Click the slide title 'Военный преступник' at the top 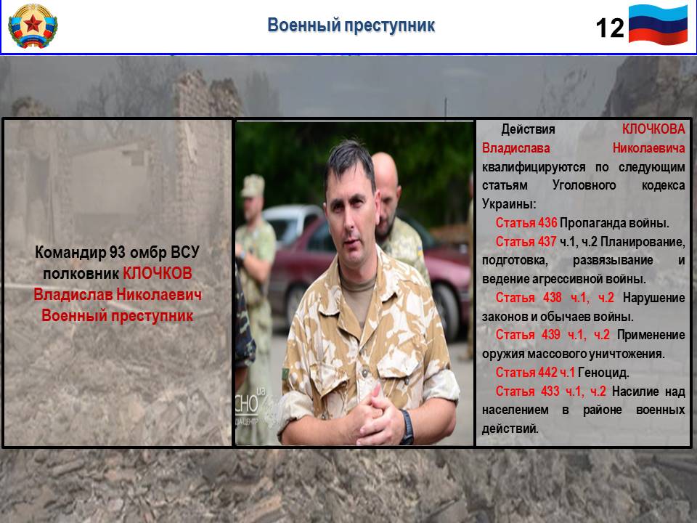click(351, 25)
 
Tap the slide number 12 click(609, 28)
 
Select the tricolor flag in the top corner click(658, 25)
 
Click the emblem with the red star click(33, 26)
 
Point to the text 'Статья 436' click(526, 223)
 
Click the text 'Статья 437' click(526, 241)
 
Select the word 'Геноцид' click(603, 372)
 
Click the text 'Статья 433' click(527, 392)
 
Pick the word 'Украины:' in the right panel click(509, 204)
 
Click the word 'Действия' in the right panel click(528, 129)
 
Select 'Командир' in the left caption click(70, 253)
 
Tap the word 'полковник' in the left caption click(81, 274)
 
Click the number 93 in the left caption click(118, 253)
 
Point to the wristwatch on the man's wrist click(407, 427)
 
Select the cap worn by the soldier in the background click(253, 185)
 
